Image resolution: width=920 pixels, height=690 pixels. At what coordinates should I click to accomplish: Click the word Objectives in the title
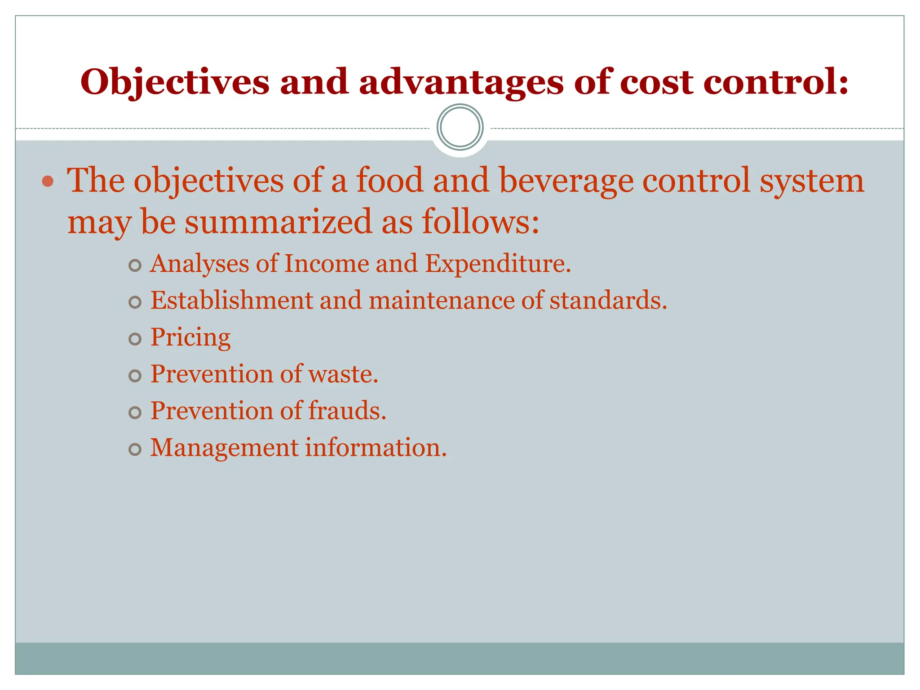pos(175,83)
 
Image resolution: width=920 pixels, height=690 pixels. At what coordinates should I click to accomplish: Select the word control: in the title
pos(775,83)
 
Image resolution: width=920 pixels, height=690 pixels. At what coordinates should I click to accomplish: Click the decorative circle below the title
pos(460,127)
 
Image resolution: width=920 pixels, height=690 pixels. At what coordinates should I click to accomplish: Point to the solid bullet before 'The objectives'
pos(48,181)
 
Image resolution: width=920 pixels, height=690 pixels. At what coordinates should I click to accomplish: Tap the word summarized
pos(279,221)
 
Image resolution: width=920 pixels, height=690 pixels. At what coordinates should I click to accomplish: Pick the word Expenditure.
pos(498,263)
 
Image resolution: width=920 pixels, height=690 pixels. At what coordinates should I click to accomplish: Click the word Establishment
pos(231,300)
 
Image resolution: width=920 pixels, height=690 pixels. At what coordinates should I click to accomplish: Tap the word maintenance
pos(441,300)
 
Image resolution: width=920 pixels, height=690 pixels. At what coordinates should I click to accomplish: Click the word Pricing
pos(190,337)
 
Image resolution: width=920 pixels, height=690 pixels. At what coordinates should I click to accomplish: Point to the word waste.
pos(343,374)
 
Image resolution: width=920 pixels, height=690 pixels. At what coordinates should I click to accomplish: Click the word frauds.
pos(347,411)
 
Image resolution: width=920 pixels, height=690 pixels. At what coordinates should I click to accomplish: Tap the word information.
pos(376,447)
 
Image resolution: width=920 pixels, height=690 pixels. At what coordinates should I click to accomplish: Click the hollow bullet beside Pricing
pos(135,339)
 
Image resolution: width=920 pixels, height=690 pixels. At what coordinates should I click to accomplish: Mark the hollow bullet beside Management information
pos(135,449)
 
